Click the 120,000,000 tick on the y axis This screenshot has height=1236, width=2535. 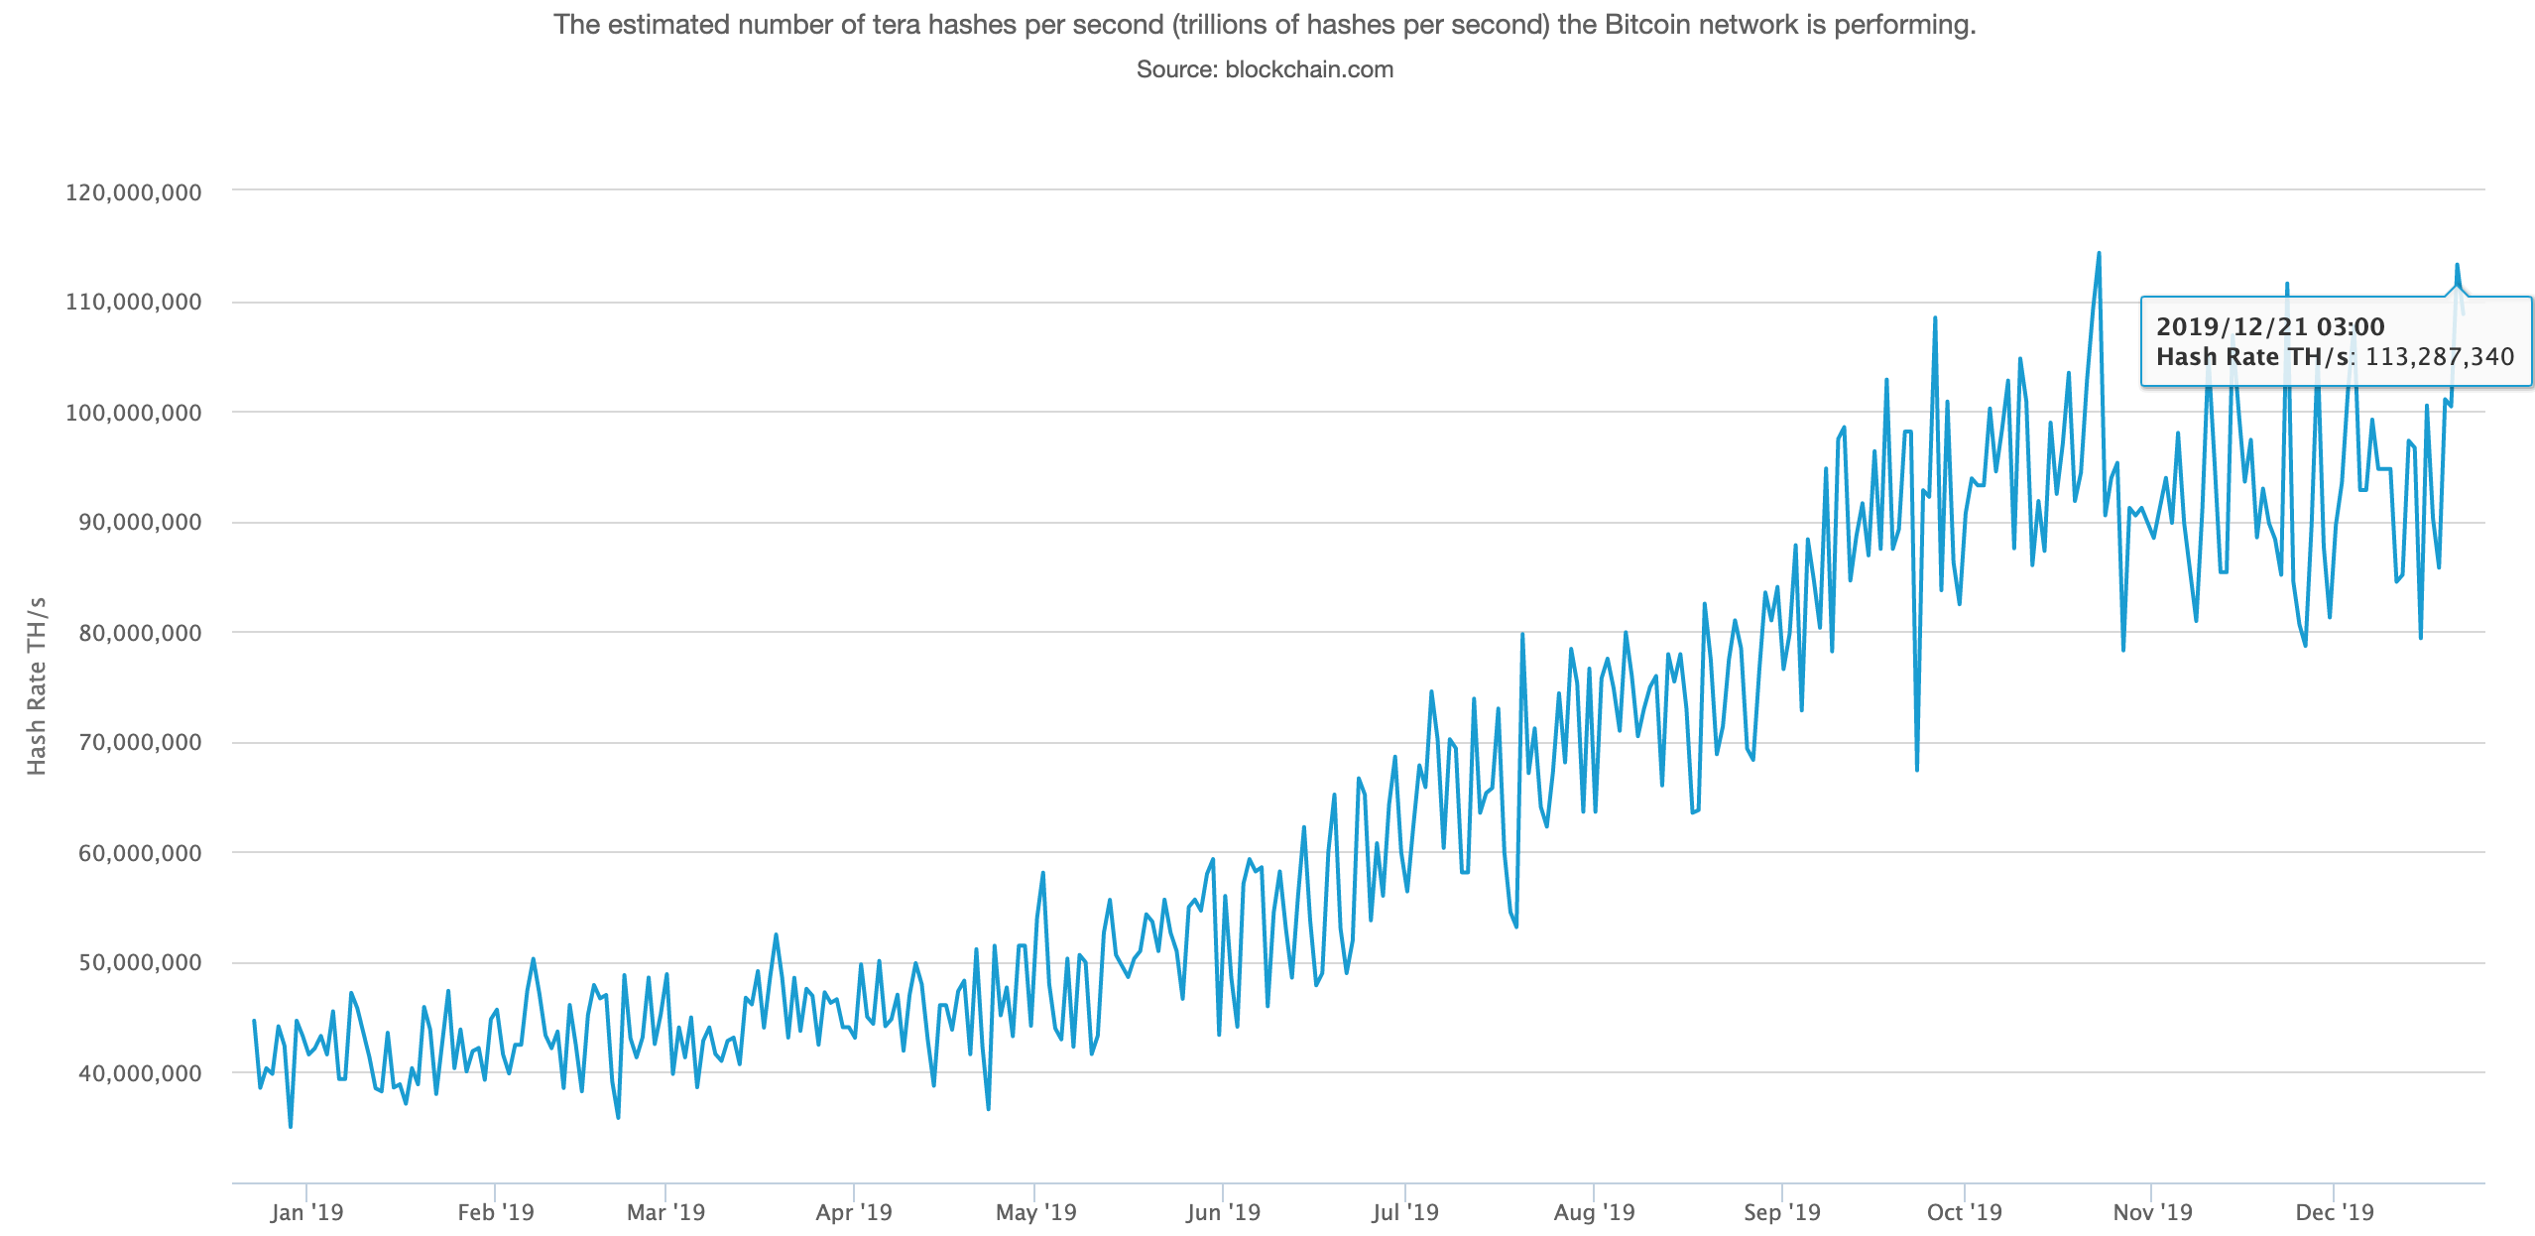133,192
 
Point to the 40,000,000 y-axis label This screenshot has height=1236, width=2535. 140,1073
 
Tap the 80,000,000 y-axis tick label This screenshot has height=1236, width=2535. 140,633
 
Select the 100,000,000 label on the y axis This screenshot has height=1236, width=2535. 133,413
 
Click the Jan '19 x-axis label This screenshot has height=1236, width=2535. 306,1212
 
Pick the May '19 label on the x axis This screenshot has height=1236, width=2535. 1035,1212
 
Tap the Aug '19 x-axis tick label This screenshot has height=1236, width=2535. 1594,1212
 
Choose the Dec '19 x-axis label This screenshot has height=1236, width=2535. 2335,1212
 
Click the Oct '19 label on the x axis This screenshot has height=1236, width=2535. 1964,1212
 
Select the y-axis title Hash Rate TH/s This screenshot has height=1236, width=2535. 37,685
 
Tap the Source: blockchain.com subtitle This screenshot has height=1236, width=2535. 1265,69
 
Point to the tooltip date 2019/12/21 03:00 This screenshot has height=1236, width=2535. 2270,326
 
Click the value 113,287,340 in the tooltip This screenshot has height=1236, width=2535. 2440,357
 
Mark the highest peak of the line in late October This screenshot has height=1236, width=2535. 2099,253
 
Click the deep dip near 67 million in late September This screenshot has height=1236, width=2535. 1917,769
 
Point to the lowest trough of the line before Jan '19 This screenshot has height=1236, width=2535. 291,1126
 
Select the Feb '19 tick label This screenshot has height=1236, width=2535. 495,1212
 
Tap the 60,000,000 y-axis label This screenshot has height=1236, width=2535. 140,853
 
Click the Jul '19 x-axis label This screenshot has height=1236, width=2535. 1404,1212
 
